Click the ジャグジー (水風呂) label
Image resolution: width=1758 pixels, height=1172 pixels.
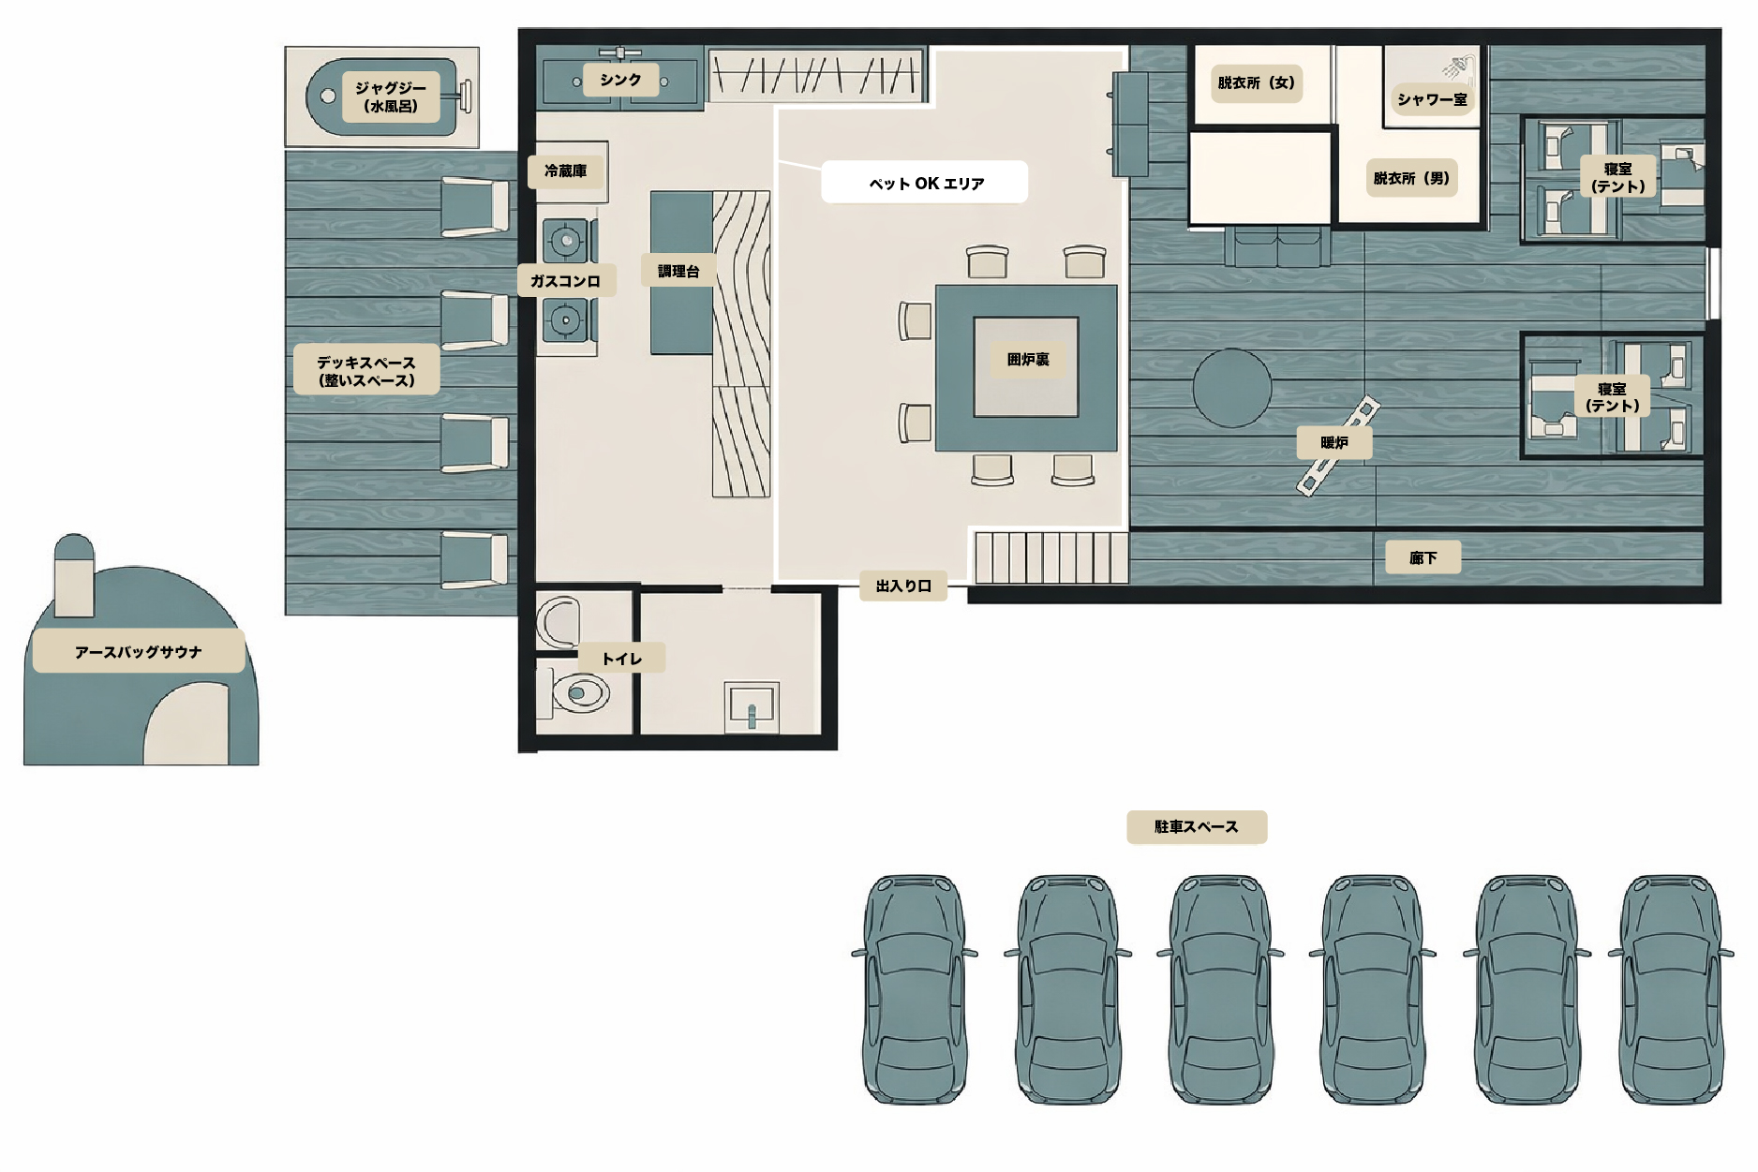point(390,96)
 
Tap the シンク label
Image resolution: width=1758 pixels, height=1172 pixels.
point(620,80)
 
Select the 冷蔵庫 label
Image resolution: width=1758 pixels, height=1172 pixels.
point(566,171)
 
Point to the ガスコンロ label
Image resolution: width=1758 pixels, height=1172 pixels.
point(566,281)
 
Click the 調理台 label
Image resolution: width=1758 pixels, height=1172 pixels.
point(678,271)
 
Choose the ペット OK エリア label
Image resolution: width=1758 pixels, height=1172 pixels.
point(925,183)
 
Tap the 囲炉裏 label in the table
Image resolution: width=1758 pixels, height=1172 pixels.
point(1028,360)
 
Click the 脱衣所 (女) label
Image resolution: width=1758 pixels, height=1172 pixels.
point(1256,82)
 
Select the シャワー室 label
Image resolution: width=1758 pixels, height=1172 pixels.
point(1431,99)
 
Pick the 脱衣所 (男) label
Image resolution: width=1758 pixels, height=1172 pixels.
point(1411,178)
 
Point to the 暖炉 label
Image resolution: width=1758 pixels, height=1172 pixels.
point(1333,442)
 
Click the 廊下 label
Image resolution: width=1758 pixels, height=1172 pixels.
point(1423,558)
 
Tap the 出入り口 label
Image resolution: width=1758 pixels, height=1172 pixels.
point(903,586)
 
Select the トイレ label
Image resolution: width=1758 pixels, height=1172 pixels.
point(621,659)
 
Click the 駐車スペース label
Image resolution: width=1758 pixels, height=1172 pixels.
point(1197,827)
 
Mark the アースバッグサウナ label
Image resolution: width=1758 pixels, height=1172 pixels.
point(139,652)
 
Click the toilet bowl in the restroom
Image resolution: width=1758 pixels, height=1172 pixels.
point(580,694)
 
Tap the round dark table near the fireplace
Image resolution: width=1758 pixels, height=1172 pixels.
point(1231,388)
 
